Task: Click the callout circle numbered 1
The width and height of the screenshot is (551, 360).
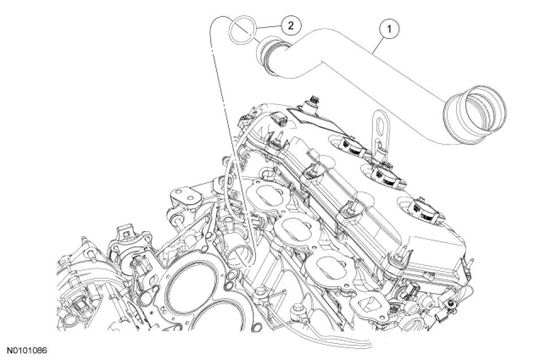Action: [x=389, y=29]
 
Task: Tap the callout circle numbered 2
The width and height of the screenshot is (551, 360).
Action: [x=290, y=25]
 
